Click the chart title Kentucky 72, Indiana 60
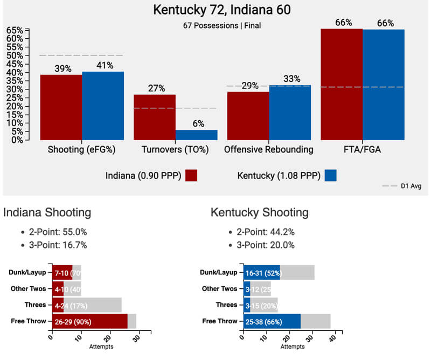[x=215, y=10]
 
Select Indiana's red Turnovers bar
[x=155, y=117]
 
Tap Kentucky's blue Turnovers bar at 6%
[x=197, y=135]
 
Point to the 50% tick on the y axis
[x=15, y=56]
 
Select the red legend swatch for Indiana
[x=191, y=176]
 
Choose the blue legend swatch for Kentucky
[x=331, y=176]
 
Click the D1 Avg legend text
[x=411, y=186]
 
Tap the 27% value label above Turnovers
[x=155, y=88]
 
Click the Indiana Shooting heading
[x=47, y=212]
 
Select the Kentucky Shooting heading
[x=260, y=212]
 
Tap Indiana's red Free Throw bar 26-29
[x=89, y=321]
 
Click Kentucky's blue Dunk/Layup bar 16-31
[x=262, y=273]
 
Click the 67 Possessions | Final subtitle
[x=215, y=25]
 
